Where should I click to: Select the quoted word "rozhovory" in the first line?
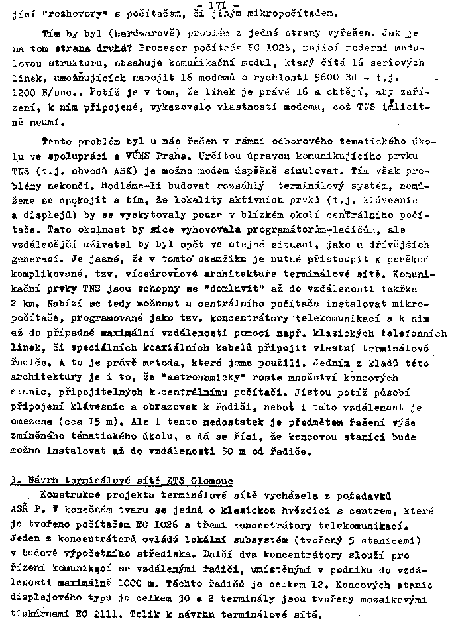(66, 12)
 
